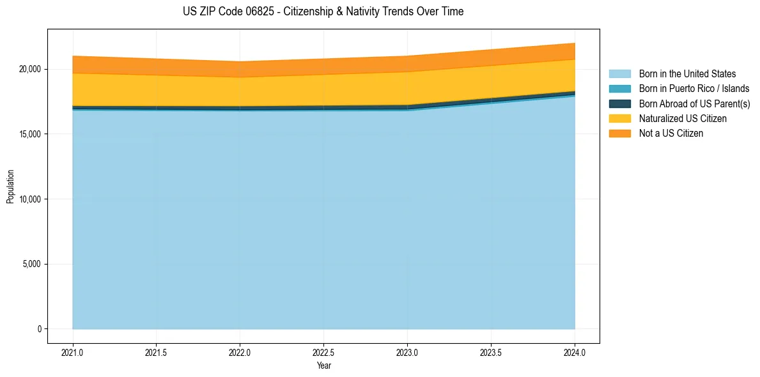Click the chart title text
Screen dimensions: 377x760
tap(323, 12)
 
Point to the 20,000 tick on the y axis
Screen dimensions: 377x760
tap(31, 69)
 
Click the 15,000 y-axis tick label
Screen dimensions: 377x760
tap(31, 134)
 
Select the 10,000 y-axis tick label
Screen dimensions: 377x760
tap(31, 199)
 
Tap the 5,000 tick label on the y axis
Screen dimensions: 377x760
tap(33, 264)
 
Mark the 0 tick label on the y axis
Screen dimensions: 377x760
tap(39, 329)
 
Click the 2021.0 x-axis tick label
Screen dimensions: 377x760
tap(73, 352)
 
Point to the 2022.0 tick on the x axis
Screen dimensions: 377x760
tap(240, 352)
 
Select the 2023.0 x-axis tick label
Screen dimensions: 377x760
tap(407, 352)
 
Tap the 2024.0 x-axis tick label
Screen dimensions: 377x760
tap(575, 352)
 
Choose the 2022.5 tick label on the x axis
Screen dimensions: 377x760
tap(323, 352)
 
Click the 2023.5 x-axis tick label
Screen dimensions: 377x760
tap(491, 352)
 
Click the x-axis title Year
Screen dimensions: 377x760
tap(323, 365)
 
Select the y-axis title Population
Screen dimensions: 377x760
tap(10, 187)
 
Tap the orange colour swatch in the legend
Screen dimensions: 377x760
tap(619, 133)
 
